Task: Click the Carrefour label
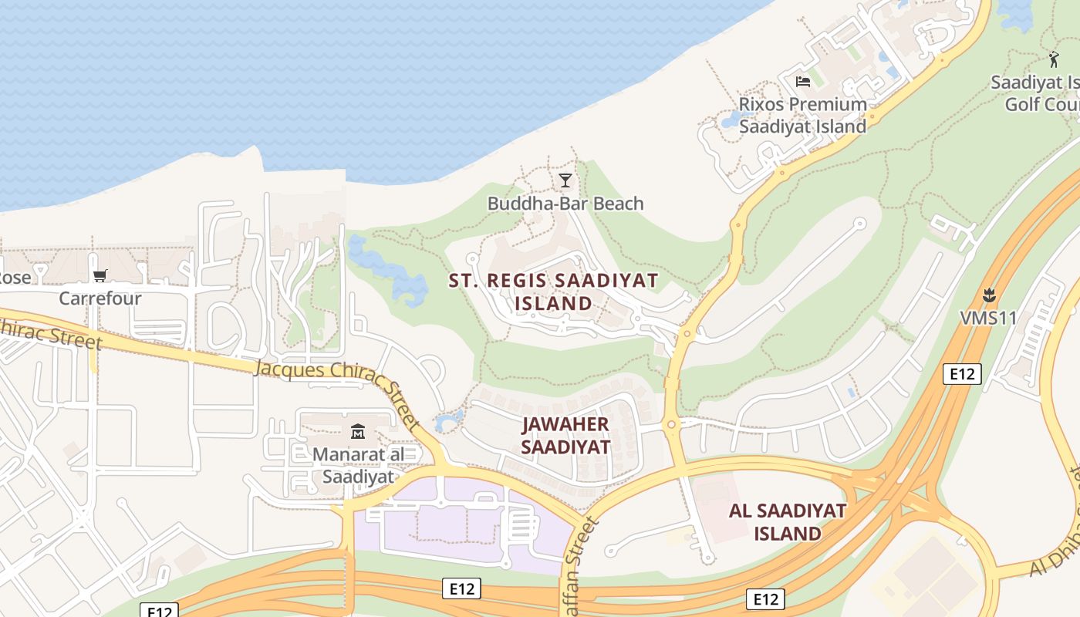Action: [x=100, y=298]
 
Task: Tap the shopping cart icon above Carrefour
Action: [x=100, y=275]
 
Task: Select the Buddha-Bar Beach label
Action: [x=565, y=204]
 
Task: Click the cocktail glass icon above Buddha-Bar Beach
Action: [x=565, y=180]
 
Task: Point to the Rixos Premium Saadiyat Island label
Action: [x=802, y=116]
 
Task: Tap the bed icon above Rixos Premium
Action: [x=803, y=81]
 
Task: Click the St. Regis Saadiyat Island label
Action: [x=553, y=292]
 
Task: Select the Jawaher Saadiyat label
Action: [x=565, y=436]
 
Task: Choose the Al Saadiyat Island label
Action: [x=787, y=522]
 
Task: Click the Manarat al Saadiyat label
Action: [x=358, y=465]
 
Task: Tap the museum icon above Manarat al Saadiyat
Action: [x=358, y=431]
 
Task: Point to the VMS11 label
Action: [x=988, y=318]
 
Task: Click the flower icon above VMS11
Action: [x=989, y=295]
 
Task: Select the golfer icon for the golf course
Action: [x=1054, y=59]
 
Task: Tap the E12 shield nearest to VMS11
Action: [x=962, y=374]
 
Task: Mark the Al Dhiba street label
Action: [x=1054, y=548]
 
